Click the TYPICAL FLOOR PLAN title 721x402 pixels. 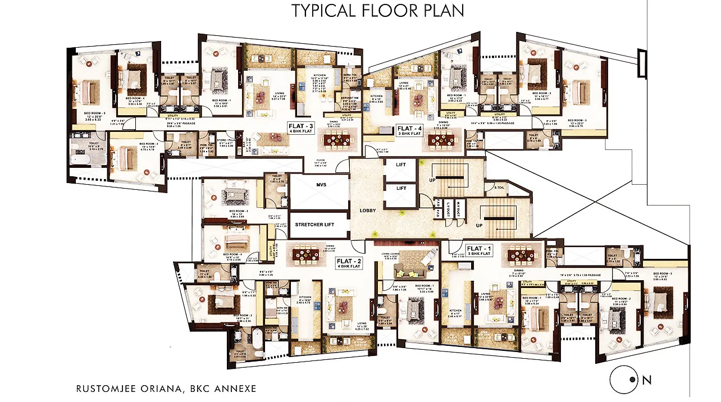pos(377,11)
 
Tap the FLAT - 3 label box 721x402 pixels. pos(301,127)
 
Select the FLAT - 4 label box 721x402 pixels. pos(409,130)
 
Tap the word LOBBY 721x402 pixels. pos(367,211)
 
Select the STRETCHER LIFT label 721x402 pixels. pos(314,225)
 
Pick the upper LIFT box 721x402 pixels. pos(401,165)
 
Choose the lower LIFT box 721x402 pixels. pos(401,189)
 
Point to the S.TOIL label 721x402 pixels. pos(499,188)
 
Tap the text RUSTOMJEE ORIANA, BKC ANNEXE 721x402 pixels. pos(166,388)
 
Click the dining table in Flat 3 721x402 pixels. pos(337,139)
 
